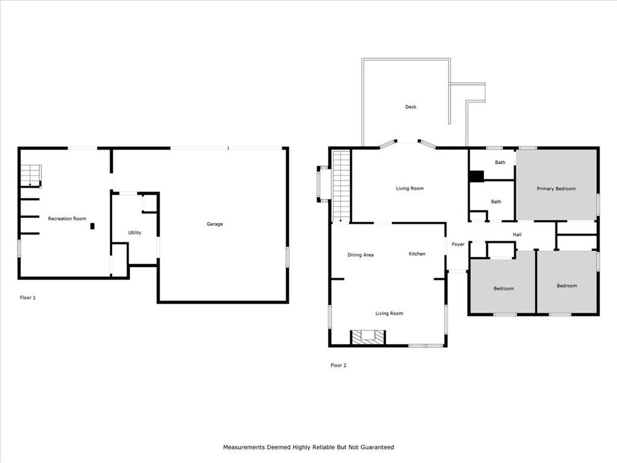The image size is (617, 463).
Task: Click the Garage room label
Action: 215,224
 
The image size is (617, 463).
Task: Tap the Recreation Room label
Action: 67,218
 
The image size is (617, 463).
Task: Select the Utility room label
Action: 134,233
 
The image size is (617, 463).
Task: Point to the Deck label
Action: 410,107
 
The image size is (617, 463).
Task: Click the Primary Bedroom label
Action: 556,189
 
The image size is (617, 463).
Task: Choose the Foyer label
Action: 458,245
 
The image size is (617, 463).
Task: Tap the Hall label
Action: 517,235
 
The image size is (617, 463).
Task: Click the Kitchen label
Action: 417,254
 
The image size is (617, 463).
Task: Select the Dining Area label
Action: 360,255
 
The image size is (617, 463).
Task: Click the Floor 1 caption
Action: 28,298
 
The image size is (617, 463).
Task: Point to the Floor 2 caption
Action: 339,365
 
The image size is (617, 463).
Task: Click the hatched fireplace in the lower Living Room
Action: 368,337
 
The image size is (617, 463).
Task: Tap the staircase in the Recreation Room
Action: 31,175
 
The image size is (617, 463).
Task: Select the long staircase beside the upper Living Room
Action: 341,186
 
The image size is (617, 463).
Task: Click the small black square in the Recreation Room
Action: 92,226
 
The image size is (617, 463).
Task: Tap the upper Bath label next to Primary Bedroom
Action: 500,162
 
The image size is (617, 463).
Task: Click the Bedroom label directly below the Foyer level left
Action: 504,289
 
